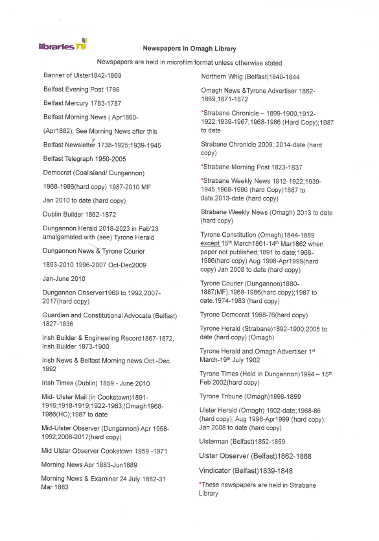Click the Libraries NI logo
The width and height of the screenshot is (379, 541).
(63, 45)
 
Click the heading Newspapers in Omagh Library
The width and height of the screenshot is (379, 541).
(189, 49)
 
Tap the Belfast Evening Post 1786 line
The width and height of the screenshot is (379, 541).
(81, 89)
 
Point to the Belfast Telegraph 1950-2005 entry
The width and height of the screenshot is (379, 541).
(84, 159)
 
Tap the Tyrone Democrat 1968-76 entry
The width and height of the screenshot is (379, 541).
(254, 315)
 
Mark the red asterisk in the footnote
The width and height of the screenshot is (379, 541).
(201, 484)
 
